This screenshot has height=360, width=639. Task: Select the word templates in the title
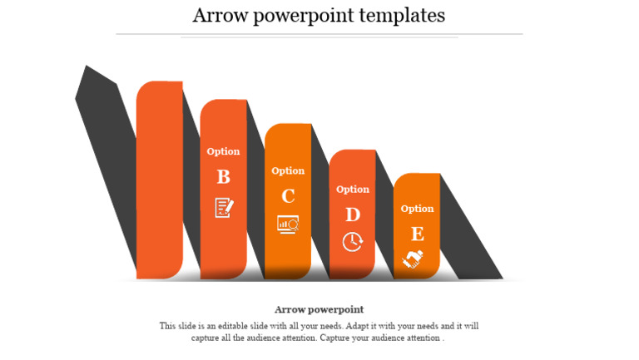point(404,15)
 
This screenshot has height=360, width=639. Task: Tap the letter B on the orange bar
point(223,177)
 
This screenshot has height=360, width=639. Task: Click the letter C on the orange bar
point(288,196)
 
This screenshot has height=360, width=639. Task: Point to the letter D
point(353,215)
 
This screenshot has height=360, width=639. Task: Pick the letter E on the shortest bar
point(417,234)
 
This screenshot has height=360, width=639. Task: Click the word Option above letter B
point(223,151)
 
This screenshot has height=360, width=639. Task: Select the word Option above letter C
point(288,170)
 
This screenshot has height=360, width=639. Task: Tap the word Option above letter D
point(353,190)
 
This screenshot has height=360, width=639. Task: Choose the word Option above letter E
point(417,209)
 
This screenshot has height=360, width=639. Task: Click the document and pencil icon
point(224,207)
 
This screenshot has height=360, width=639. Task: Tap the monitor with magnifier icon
point(288,224)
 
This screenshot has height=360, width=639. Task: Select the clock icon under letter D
point(353,242)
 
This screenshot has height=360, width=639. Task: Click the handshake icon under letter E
point(414,259)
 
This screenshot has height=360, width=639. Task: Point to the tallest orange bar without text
point(160,179)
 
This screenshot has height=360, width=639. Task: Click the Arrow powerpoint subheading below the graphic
point(319,309)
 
